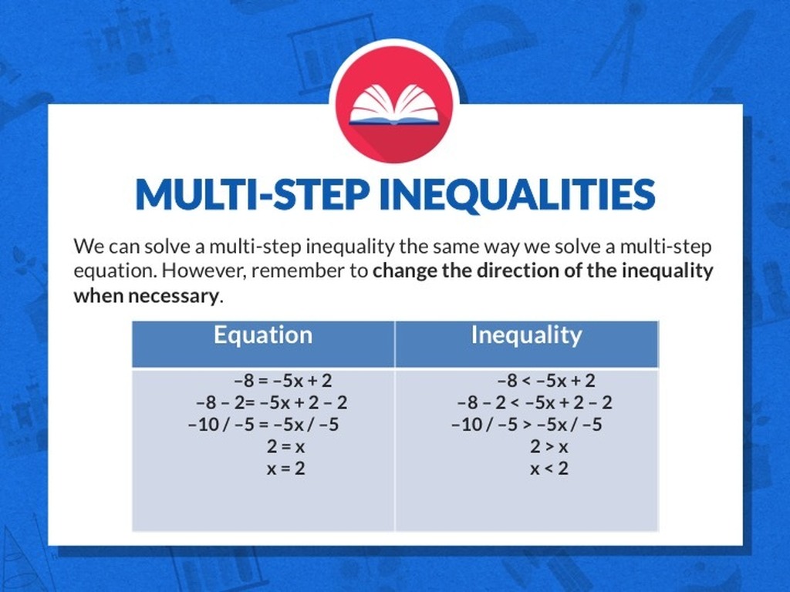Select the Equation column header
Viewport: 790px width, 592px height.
coord(263,335)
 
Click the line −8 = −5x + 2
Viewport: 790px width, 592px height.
coord(283,381)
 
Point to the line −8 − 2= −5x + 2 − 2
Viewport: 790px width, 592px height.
coord(272,402)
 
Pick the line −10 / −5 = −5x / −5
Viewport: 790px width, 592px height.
coord(264,425)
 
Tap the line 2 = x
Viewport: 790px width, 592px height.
coord(285,447)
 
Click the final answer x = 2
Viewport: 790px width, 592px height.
coord(285,469)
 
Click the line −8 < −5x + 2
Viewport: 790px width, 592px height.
coord(546,381)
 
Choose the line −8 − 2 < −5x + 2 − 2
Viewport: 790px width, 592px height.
coord(535,402)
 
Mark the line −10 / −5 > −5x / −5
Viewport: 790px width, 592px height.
coord(526,425)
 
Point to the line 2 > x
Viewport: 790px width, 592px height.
coord(549,447)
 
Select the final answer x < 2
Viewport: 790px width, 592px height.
coord(549,469)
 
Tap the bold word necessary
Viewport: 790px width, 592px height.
coord(174,295)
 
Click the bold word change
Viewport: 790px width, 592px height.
coord(404,271)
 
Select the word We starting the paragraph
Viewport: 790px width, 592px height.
coord(89,247)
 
